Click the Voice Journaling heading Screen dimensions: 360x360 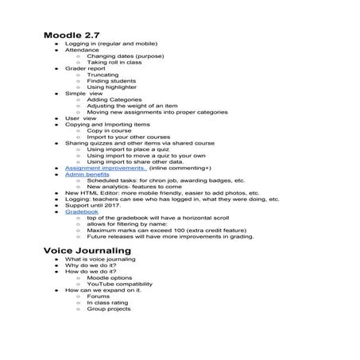pyautogui.click(x=88, y=251)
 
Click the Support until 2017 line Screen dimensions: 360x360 pyautogui.click(x=93, y=205)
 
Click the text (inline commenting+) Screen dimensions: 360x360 pyautogui.click(x=180, y=168)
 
